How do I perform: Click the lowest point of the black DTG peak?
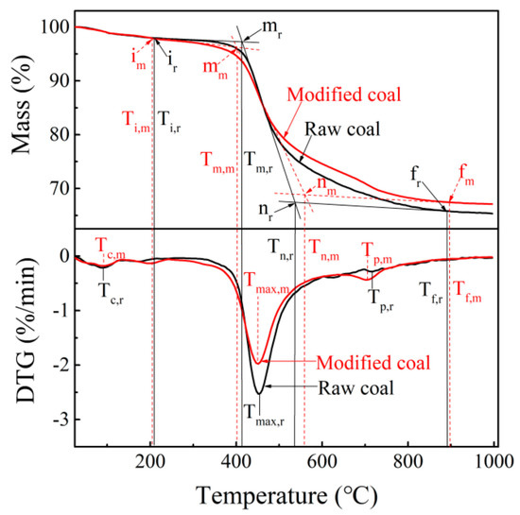258,392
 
